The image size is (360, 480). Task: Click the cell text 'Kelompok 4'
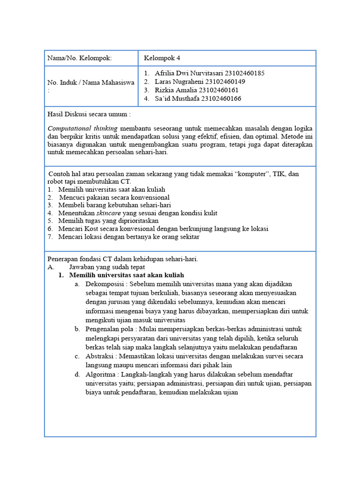tap(162, 58)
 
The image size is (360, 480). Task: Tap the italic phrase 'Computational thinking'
tap(82, 128)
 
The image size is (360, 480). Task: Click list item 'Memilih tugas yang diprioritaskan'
tap(108, 220)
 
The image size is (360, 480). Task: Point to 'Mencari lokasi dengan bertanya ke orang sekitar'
tap(129, 237)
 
